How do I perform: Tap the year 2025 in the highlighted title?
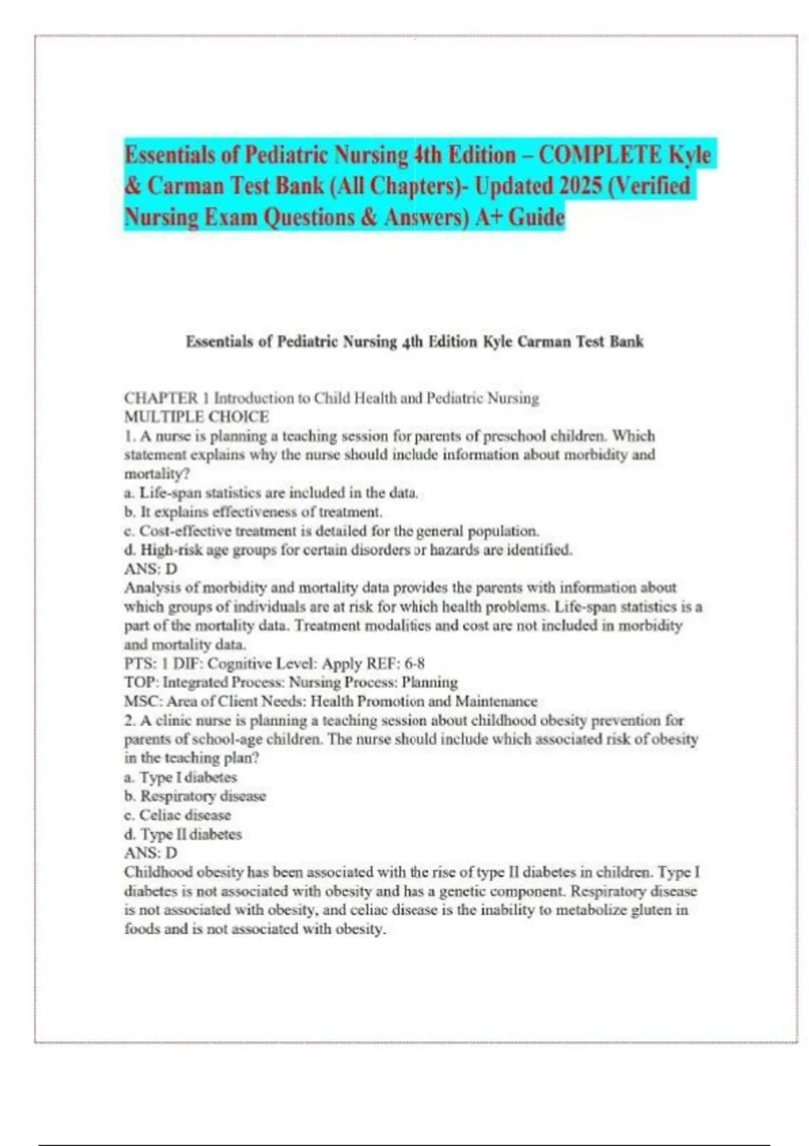tap(571, 186)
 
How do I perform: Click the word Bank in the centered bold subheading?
tap(626, 342)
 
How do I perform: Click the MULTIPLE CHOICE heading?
tap(196, 417)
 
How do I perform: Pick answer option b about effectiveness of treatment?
tap(253, 512)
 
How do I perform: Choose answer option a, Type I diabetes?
tap(180, 777)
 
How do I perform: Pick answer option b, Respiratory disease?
tap(195, 796)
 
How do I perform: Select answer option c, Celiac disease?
tap(177, 815)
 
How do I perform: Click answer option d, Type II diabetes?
tap(183, 834)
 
